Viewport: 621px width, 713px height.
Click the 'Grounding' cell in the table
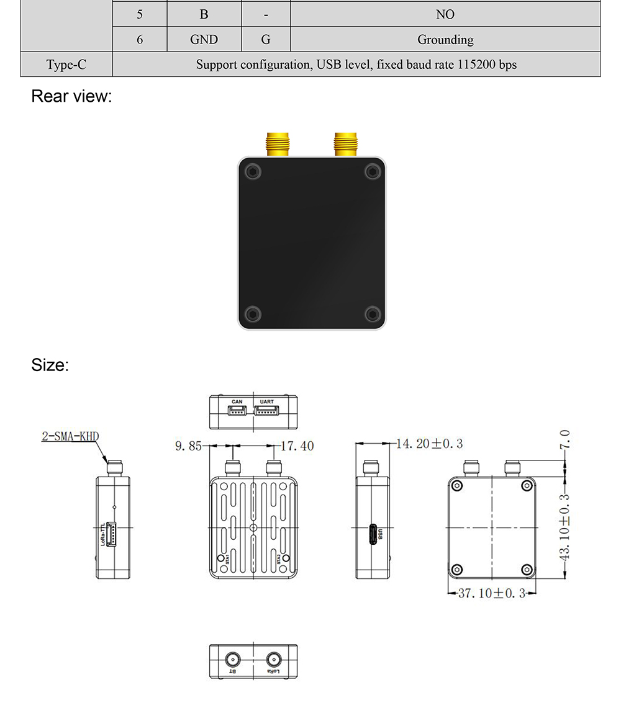(445, 40)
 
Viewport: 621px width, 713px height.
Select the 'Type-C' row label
(66, 65)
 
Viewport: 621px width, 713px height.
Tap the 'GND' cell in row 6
(204, 40)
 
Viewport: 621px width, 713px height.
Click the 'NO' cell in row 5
(445, 14)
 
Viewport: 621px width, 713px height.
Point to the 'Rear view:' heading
(71, 97)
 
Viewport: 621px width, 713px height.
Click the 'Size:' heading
(50, 365)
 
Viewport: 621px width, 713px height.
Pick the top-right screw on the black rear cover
(371, 171)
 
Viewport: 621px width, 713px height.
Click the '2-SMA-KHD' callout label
(70, 436)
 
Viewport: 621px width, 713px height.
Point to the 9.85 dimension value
(189, 446)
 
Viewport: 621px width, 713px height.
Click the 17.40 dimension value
(297, 446)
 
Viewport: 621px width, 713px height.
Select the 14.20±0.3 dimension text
(430, 444)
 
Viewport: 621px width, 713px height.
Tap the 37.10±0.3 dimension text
(492, 594)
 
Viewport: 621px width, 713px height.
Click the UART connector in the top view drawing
(266, 411)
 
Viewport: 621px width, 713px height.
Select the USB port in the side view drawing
(373, 534)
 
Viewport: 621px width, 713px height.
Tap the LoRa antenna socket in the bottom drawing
(273, 660)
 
